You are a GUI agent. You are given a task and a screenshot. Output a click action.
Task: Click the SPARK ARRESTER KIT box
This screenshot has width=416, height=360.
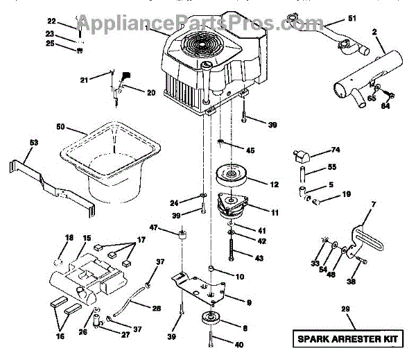pos(351,339)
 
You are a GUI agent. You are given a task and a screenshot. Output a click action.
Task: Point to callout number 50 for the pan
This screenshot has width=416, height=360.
pos(62,127)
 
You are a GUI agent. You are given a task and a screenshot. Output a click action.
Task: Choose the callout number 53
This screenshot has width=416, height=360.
pos(16,142)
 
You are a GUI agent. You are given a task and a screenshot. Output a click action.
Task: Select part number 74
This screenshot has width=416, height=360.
pos(336,151)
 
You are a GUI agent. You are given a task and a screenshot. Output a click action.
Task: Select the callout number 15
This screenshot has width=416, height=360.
pos(87,239)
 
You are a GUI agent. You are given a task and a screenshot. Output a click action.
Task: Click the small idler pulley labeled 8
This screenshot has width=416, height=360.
pos(209,322)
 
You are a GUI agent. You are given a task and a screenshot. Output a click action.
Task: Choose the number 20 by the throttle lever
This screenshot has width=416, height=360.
pos(150,92)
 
